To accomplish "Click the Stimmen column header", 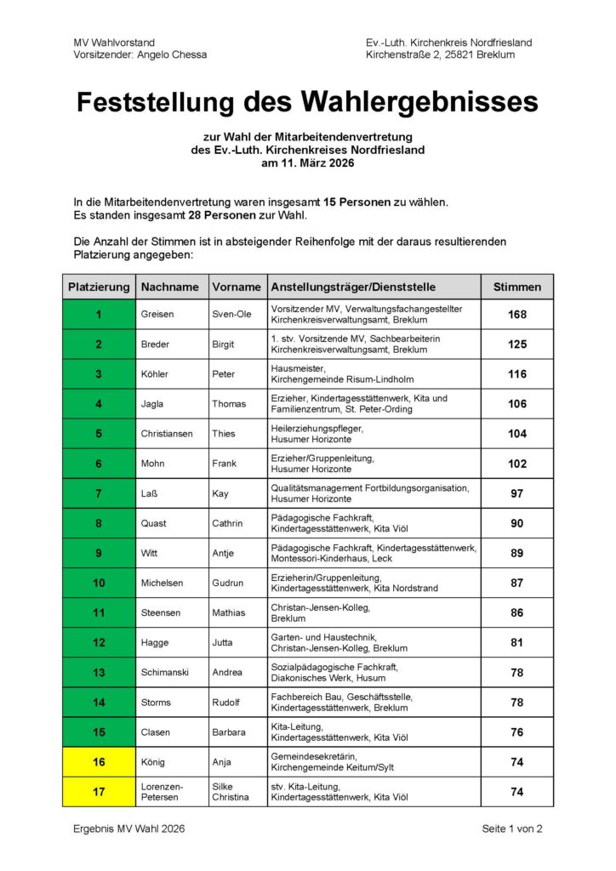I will coord(516,287).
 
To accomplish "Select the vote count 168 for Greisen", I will coord(516,315).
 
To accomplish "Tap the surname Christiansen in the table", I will coord(167,434).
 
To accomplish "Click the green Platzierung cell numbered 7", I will coord(99,493).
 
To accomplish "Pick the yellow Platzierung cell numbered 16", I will coord(99,762).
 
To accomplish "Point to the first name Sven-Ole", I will coord(232,315).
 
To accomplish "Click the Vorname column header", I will coord(236,287).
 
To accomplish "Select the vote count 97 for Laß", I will coord(516,493).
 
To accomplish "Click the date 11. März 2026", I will coord(307,162).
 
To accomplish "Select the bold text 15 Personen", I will coord(356,202).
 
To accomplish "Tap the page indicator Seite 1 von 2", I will coord(512,828).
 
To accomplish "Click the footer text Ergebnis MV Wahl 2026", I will coord(129,828).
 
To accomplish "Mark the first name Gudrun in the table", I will coord(229,583).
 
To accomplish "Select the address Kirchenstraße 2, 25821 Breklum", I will coord(440,54).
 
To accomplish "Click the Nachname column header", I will coord(170,287).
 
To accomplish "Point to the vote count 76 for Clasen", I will coord(516,732).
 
